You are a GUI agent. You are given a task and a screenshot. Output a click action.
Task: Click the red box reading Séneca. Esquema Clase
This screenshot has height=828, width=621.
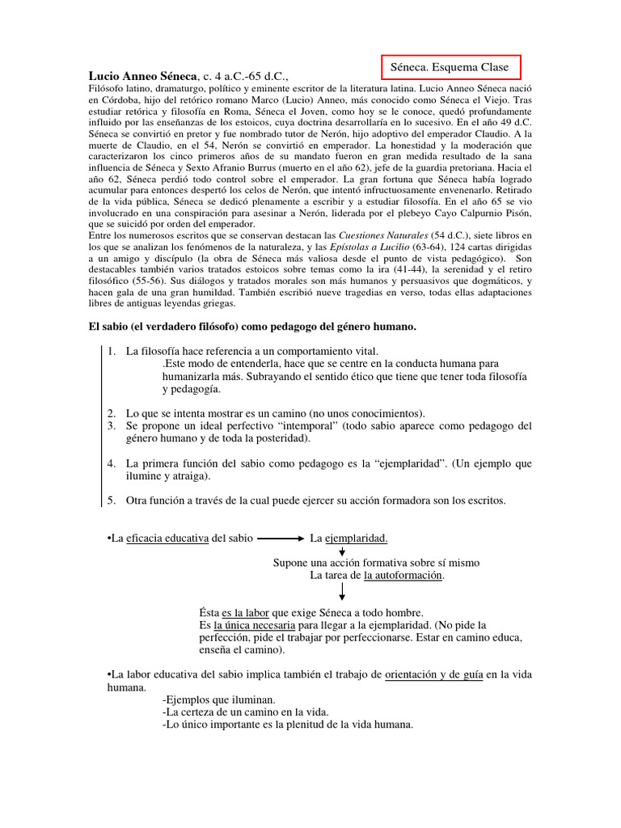pos(450,67)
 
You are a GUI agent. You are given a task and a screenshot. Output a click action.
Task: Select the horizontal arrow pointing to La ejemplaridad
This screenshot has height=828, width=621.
pos(281,538)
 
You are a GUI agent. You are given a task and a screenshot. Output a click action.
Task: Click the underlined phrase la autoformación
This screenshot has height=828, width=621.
pos(403,575)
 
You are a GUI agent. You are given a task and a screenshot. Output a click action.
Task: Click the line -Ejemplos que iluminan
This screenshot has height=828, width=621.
pos(218,699)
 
